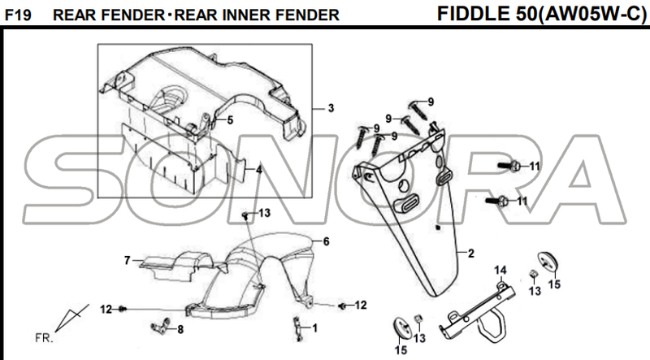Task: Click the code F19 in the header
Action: tap(18, 15)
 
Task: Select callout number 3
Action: tap(331, 108)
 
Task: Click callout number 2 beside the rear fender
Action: tap(470, 253)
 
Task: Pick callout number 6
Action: tap(325, 241)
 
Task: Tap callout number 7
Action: tap(127, 261)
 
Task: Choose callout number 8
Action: tap(180, 329)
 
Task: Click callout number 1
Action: tap(315, 327)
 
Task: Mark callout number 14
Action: tap(501, 270)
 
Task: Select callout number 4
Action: tap(259, 170)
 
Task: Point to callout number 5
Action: tap(229, 120)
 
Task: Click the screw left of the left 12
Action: tap(122, 309)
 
